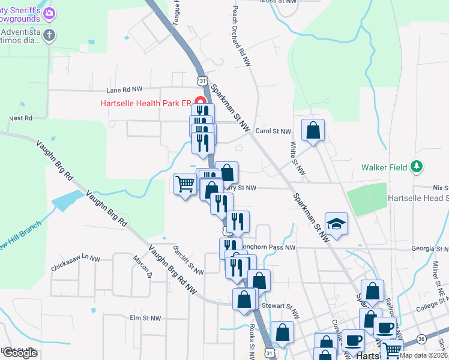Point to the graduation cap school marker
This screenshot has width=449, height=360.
(x=337, y=224)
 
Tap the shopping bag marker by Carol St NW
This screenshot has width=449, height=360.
(x=313, y=130)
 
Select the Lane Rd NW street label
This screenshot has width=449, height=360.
(x=124, y=89)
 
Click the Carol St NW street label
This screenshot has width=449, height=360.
(x=273, y=131)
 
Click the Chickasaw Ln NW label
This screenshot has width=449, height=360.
(x=76, y=261)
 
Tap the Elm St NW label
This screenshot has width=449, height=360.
(x=146, y=318)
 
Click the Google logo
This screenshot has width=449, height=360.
(x=20, y=353)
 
